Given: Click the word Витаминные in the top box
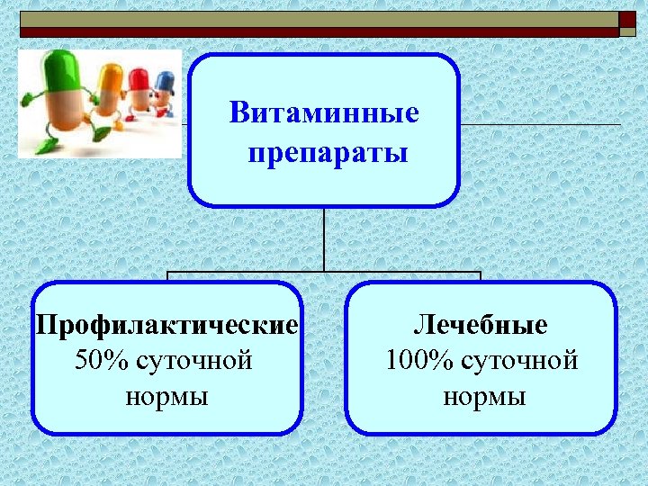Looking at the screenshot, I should pyautogui.click(x=324, y=114).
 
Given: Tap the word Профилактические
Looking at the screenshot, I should pyautogui.click(x=166, y=324).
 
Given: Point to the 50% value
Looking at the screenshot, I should pyautogui.click(x=103, y=361).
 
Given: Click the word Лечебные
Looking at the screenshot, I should pyautogui.click(x=481, y=324).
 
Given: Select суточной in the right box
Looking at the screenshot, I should pyautogui.click(x=519, y=361).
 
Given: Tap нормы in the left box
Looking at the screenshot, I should pyautogui.click(x=166, y=397).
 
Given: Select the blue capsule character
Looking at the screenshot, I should pyautogui.click(x=164, y=90).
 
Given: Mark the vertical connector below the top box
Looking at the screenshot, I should pyautogui.click(x=324, y=238).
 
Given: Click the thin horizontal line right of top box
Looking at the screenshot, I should pyautogui.click(x=540, y=123).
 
